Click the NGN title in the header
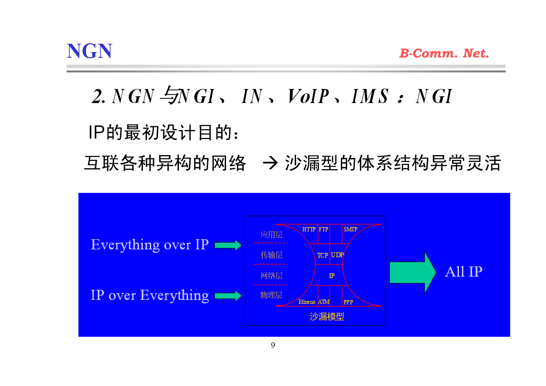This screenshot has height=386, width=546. coord(89,51)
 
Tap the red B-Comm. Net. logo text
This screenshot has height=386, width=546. coord(444,53)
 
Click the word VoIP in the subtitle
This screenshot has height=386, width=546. coord(308,96)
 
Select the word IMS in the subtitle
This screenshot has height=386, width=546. coord(370,96)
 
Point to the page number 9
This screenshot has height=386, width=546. coord(273,345)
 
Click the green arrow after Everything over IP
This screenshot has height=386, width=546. coord(228,245)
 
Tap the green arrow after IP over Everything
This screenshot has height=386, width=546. coord(228,296)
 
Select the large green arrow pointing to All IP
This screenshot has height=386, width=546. coord(413,272)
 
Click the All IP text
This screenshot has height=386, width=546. coord(463,271)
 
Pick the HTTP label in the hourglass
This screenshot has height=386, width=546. coord(309,229)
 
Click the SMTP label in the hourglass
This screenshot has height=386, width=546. coord(350,229)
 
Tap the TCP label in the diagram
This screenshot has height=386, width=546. coord(322,255)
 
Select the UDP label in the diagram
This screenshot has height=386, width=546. coord(337,255)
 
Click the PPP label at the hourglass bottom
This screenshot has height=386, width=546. coord(348,302)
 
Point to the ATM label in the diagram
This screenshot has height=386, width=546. coord(323,302)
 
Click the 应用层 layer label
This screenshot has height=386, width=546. coord(271,235)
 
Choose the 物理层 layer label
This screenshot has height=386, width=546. coord(271,295)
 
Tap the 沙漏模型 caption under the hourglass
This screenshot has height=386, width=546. coord(327,316)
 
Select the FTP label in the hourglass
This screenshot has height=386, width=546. coord(323,229)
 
